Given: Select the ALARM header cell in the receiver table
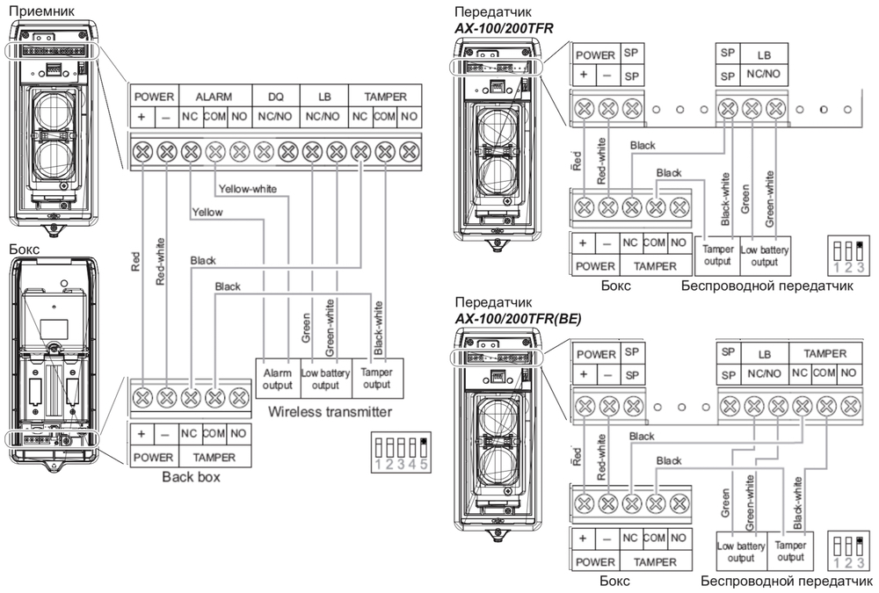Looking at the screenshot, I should pyautogui.click(x=213, y=96).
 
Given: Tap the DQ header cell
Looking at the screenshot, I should pyautogui.click(x=276, y=96).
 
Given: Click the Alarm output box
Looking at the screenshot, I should pyautogui.click(x=277, y=378).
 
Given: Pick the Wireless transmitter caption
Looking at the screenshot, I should pyautogui.click(x=330, y=411).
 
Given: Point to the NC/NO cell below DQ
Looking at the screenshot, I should pyautogui.click(x=276, y=117).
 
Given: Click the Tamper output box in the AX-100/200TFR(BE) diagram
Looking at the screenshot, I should pyautogui.click(x=790, y=552).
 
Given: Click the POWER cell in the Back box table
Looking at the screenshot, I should pyautogui.click(x=153, y=457).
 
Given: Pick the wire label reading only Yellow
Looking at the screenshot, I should pyautogui.click(x=207, y=212).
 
